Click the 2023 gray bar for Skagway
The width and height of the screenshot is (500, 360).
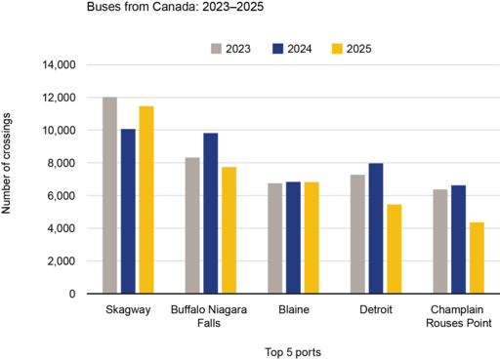click(x=110, y=195)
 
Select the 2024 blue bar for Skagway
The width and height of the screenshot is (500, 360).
click(x=129, y=211)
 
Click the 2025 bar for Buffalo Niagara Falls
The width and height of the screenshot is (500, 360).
click(x=229, y=230)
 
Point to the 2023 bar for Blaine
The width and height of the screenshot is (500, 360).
click(x=275, y=238)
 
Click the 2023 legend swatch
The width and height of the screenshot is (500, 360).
click(x=218, y=48)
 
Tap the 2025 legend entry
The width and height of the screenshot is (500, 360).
click(x=353, y=48)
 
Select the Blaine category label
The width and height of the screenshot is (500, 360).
click(x=293, y=309)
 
